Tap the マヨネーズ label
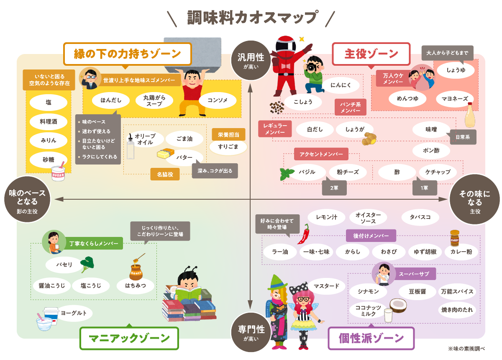[x=454, y=99]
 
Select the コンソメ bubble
[x=218, y=100]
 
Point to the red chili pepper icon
[x=304, y=234]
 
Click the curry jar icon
[x=455, y=238]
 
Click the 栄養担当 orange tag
[x=228, y=134]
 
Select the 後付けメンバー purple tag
[x=371, y=236]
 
